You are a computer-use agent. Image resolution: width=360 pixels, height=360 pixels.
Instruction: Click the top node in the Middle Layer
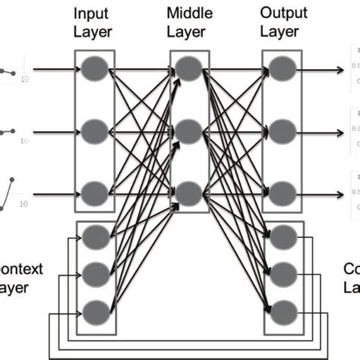188,70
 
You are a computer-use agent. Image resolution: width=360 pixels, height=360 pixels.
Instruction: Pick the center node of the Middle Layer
188,130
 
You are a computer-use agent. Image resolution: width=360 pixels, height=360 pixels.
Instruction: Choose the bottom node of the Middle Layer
188,190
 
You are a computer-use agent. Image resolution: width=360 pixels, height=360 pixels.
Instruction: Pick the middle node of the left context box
96,271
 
